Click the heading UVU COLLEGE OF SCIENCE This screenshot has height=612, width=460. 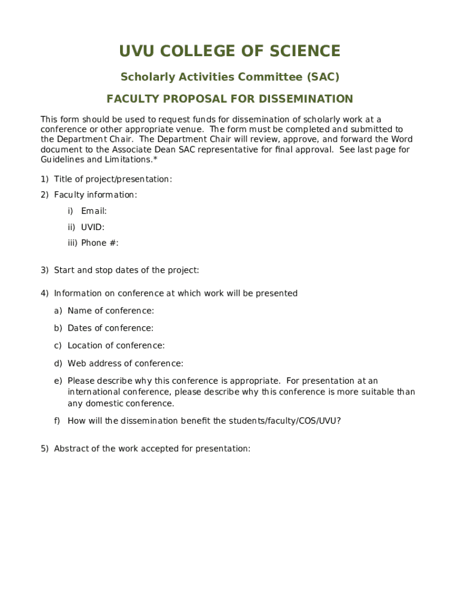click(x=229, y=51)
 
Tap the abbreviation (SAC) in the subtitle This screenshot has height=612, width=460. click(x=323, y=77)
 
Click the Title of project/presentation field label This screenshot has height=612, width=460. click(x=113, y=179)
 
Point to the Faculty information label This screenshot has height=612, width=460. click(x=96, y=195)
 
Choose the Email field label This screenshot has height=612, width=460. click(x=94, y=211)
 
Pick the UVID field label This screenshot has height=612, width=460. click(x=93, y=227)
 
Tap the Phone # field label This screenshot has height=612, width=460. click(x=100, y=243)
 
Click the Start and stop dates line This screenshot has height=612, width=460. click(x=126, y=270)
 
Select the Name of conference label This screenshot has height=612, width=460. click(x=111, y=311)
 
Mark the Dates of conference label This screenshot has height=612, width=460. click(x=111, y=328)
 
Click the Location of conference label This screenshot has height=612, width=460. click(x=116, y=345)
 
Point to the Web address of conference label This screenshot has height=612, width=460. click(x=125, y=363)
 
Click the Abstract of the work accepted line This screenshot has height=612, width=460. click(x=152, y=449)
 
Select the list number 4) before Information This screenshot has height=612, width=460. click(x=45, y=293)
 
